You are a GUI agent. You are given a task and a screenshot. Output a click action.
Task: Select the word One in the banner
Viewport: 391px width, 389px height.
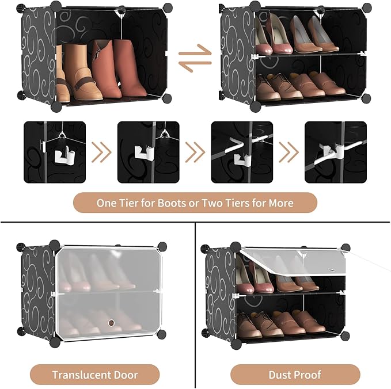106,203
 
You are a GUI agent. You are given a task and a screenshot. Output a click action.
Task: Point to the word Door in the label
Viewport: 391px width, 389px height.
125,375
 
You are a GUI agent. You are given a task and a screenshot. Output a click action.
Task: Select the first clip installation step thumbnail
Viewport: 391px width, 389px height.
55,152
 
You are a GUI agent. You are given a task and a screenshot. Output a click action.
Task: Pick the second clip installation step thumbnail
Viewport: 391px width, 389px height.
148,152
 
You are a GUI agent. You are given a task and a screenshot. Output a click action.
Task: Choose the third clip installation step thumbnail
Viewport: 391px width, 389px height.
242,152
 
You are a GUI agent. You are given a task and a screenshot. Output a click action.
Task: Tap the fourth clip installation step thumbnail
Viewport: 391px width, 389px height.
335,152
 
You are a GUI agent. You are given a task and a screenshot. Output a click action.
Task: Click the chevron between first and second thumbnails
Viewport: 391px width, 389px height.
102,152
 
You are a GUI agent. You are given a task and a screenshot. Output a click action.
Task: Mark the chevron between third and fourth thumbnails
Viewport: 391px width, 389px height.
288,152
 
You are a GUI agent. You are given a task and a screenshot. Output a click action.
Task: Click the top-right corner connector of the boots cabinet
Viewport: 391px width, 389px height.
168,7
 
